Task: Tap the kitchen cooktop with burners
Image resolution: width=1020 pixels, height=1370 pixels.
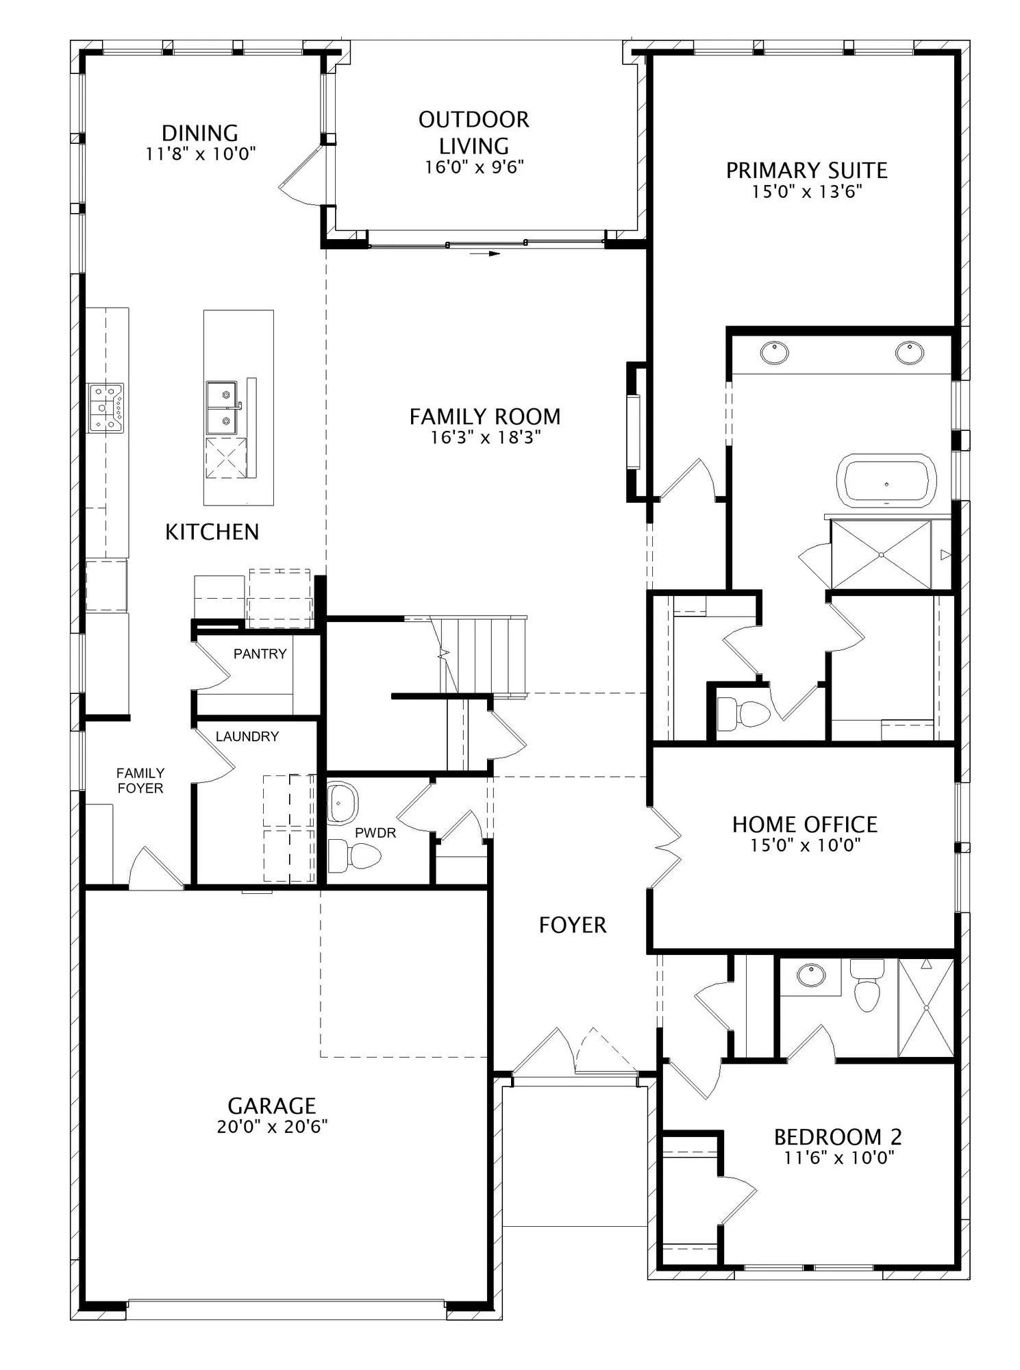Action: [105, 407]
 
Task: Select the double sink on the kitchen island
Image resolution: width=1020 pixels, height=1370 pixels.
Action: [222, 408]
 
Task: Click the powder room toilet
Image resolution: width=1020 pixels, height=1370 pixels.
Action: [354, 856]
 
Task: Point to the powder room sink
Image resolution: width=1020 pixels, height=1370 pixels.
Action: [343, 802]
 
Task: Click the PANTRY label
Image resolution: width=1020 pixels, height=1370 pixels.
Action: [260, 653]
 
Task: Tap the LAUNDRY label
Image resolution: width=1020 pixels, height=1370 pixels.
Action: [247, 736]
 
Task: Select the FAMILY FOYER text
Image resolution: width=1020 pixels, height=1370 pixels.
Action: [140, 780]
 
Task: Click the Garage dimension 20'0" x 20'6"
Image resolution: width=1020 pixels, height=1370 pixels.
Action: [272, 1127]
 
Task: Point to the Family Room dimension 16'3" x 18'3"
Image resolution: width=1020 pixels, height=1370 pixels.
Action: [486, 437]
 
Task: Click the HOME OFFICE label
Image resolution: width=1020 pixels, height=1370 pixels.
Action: [805, 824]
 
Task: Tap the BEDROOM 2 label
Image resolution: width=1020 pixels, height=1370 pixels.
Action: [838, 1137]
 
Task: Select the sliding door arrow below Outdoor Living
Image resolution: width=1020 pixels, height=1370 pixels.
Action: [486, 253]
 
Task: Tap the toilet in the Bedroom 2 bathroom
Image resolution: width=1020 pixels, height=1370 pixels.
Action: [867, 986]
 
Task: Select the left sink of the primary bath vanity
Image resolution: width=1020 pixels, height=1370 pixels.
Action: [774, 353]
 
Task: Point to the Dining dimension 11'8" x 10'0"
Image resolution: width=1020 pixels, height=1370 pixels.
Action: [200, 153]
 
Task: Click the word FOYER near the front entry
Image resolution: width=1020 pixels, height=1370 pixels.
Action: [573, 925]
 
